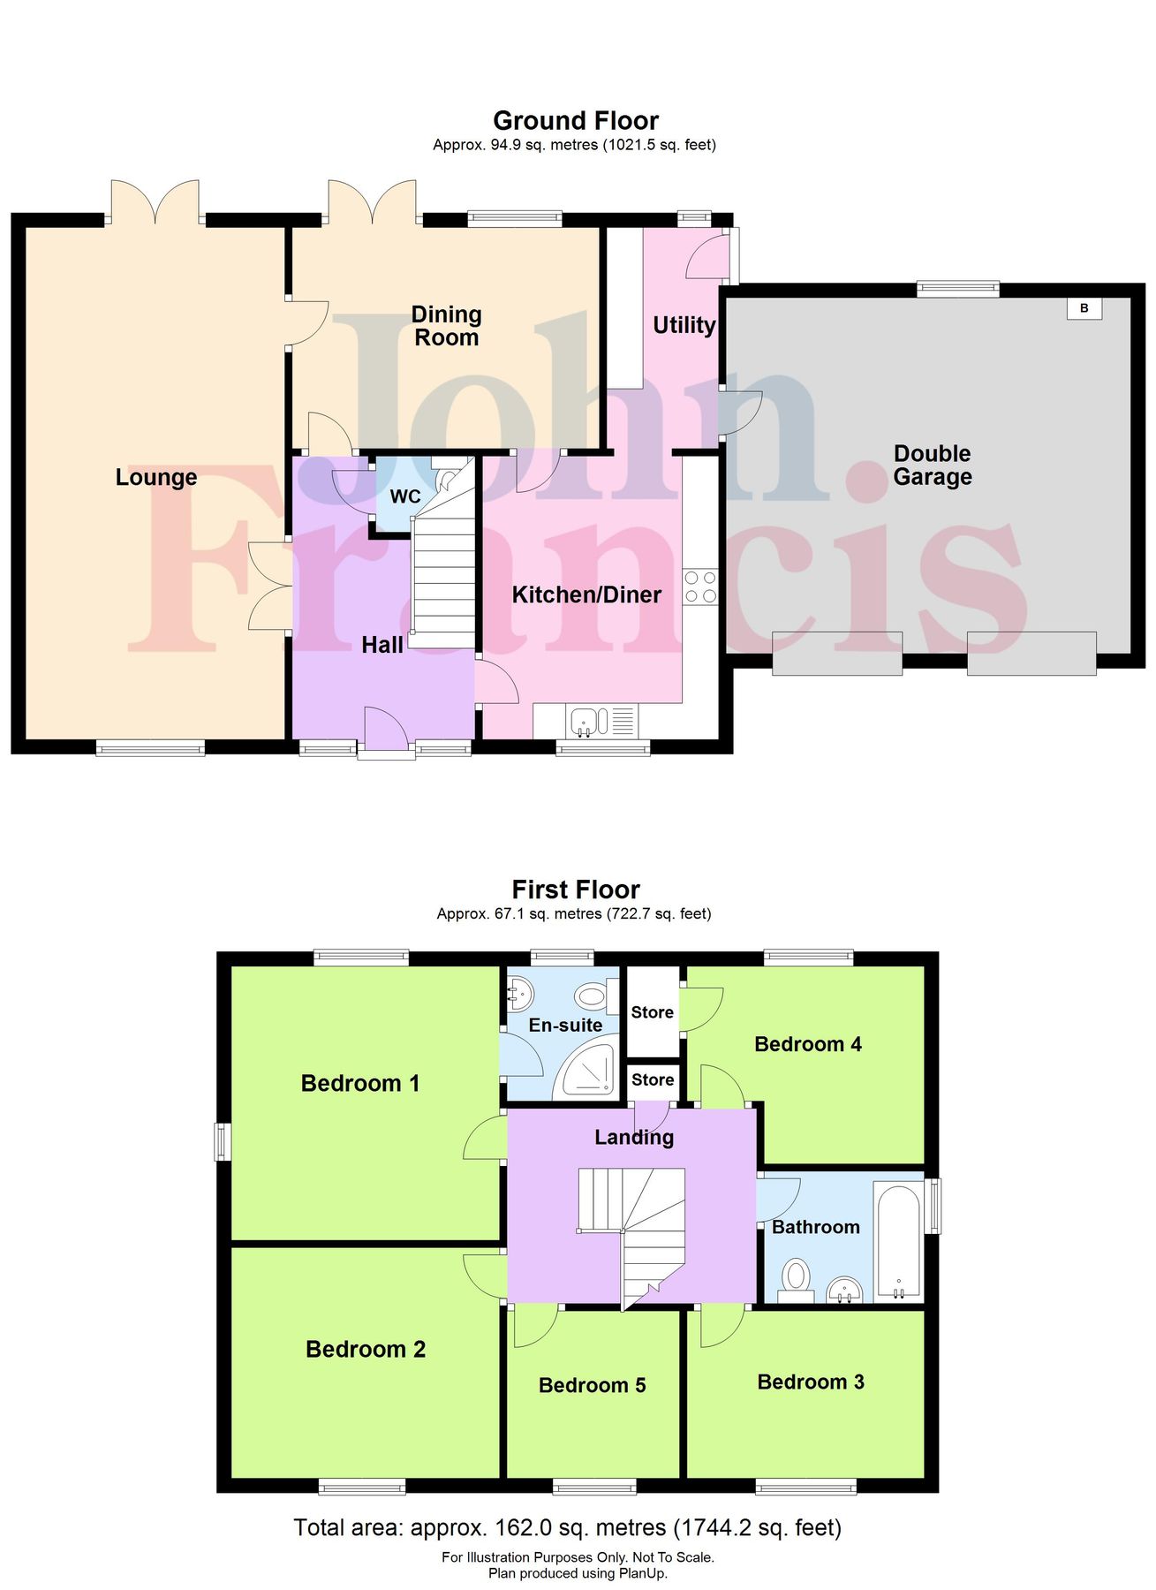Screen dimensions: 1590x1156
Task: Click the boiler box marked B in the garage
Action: click(x=1084, y=308)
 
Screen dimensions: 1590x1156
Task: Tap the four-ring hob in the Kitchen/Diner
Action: click(x=700, y=587)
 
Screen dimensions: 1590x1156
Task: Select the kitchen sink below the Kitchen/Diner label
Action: click(x=586, y=721)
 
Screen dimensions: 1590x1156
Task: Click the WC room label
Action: click(x=405, y=496)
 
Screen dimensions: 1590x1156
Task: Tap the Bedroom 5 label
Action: click(x=592, y=1385)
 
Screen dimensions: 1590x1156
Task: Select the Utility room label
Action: click(x=684, y=325)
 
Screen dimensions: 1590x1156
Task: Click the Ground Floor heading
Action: click(x=575, y=121)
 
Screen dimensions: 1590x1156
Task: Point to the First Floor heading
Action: click(x=575, y=890)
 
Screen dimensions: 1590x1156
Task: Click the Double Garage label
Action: click(x=932, y=465)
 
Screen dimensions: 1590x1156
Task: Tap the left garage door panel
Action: click(x=837, y=654)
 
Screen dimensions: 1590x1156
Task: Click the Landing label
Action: click(x=633, y=1137)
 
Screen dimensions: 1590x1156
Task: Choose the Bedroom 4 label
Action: click(x=807, y=1044)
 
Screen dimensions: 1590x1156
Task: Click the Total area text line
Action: click(x=567, y=1527)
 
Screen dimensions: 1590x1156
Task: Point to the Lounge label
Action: click(x=156, y=477)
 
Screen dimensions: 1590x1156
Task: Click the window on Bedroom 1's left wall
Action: click(x=223, y=1140)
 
